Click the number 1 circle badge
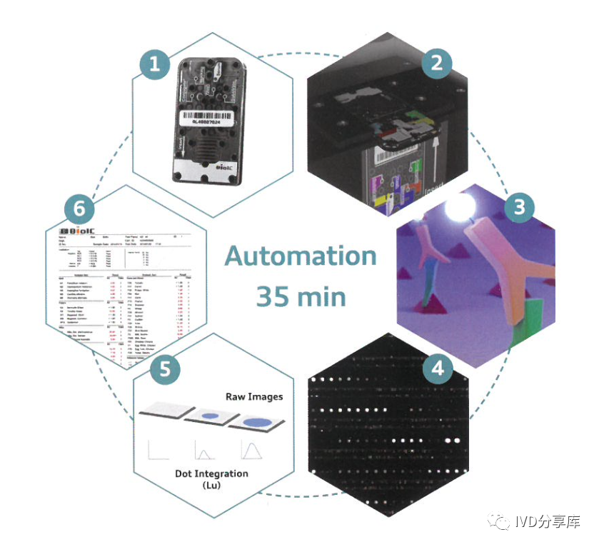tap(156, 68)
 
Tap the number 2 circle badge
tap(436, 63)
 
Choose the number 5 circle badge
tap(165, 371)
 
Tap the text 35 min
tap(301, 296)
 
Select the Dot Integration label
tap(212, 473)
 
